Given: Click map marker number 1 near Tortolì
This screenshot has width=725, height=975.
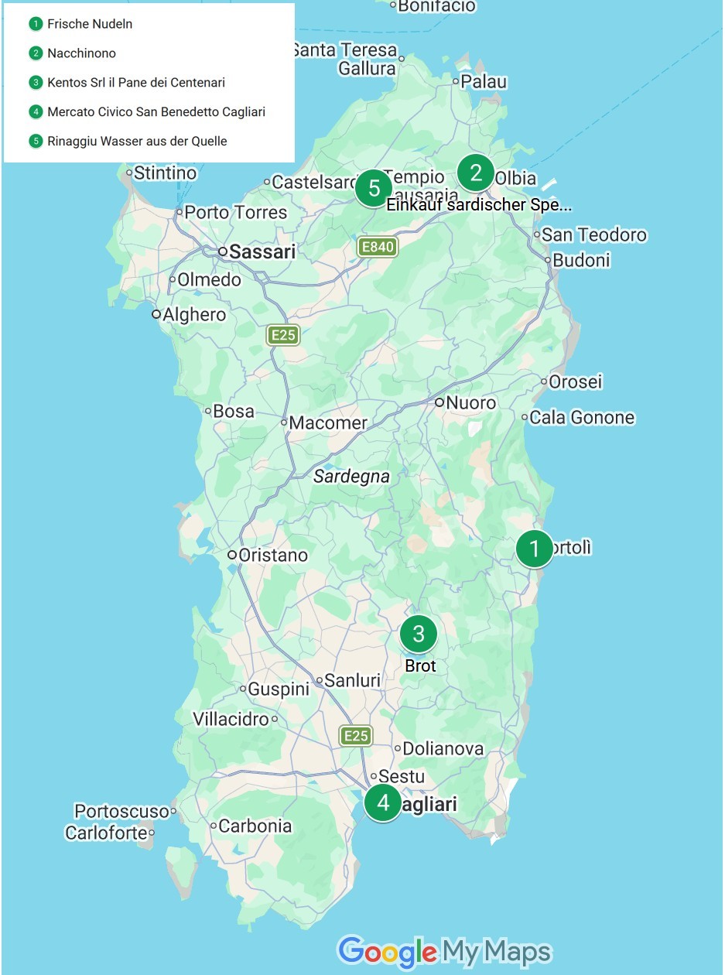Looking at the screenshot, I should pyautogui.click(x=534, y=549).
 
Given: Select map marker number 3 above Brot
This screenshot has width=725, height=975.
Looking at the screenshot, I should pyautogui.click(x=419, y=634).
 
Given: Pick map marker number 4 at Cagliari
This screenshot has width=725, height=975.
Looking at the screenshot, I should pyautogui.click(x=383, y=803).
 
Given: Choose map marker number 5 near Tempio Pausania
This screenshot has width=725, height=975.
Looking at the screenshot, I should pyautogui.click(x=374, y=188).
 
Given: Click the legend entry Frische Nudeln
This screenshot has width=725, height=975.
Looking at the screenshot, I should pyautogui.click(x=90, y=24).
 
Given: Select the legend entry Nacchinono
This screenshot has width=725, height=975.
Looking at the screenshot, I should pyautogui.click(x=81, y=53).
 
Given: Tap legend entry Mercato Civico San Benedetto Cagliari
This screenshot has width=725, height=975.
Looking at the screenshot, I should pyautogui.click(x=156, y=112).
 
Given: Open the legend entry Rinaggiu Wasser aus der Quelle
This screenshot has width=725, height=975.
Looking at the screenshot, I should pyautogui.click(x=137, y=141).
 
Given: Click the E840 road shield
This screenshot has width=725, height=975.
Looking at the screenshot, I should pyautogui.click(x=377, y=248).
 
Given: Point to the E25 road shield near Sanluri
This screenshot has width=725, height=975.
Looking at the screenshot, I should pyautogui.click(x=356, y=736).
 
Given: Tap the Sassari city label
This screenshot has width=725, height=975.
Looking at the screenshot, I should pyautogui.click(x=262, y=251).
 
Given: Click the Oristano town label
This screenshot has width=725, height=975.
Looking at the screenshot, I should pyautogui.click(x=272, y=555).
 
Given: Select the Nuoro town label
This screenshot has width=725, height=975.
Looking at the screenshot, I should pyautogui.click(x=470, y=402).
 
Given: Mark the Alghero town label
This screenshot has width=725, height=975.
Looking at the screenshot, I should pyautogui.click(x=193, y=314).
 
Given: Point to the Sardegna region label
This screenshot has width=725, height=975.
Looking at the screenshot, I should pyautogui.click(x=351, y=477).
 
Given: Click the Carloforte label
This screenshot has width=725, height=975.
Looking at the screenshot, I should pyautogui.click(x=106, y=833).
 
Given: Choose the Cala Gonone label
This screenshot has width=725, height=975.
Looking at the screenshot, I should pyautogui.click(x=581, y=418).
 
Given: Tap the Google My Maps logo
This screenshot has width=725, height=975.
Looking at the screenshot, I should pyautogui.click(x=445, y=951).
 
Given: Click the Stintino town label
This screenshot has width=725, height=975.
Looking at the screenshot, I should pyautogui.click(x=165, y=173).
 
